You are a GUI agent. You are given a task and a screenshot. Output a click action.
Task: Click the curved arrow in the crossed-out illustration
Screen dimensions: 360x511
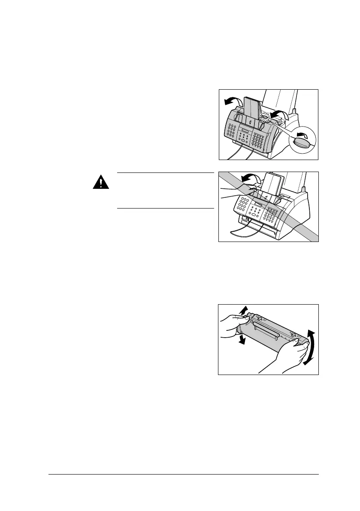click(x=248, y=178)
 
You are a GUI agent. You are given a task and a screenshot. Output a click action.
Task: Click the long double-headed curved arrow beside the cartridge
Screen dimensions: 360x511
click(x=310, y=348)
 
